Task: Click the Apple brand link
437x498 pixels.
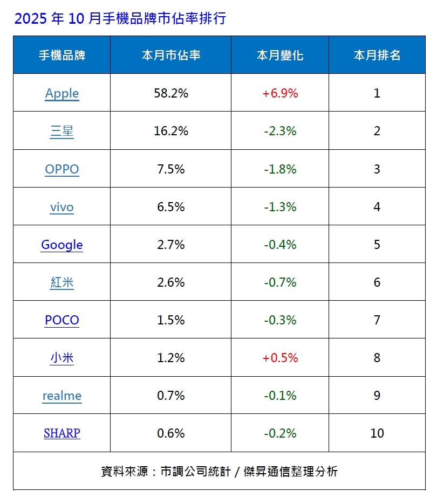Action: pyautogui.click(x=62, y=93)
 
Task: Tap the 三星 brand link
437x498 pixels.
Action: pyautogui.click(x=62, y=131)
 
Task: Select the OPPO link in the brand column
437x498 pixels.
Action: pyautogui.click(x=62, y=169)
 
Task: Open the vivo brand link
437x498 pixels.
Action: pyautogui.click(x=62, y=207)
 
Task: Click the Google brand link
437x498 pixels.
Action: pyautogui.click(x=62, y=245)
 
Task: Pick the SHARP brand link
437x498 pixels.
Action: pyautogui.click(x=62, y=433)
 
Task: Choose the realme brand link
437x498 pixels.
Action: pyautogui.click(x=62, y=396)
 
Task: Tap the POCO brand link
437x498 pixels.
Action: pyautogui.click(x=62, y=320)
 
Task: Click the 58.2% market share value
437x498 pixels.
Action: pyautogui.click(x=171, y=93)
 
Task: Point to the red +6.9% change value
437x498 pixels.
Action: pyautogui.click(x=280, y=93)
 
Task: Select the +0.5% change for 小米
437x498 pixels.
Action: pyautogui.click(x=280, y=358)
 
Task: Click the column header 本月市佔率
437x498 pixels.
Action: pyautogui.click(x=171, y=55)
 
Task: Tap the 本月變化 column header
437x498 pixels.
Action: pyautogui.click(x=280, y=55)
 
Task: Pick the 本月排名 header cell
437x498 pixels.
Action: pyautogui.click(x=377, y=55)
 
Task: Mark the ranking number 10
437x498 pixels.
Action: pyautogui.click(x=377, y=433)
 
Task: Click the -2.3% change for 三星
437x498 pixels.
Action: pyautogui.click(x=280, y=131)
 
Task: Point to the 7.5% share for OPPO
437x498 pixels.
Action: pyautogui.click(x=171, y=169)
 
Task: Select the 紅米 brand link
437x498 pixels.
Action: pyautogui.click(x=62, y=282)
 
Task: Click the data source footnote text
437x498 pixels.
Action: pyautogui.click(x=219, y=471)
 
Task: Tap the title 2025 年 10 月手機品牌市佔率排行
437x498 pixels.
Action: pyautogui.click(x=120, y=19)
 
